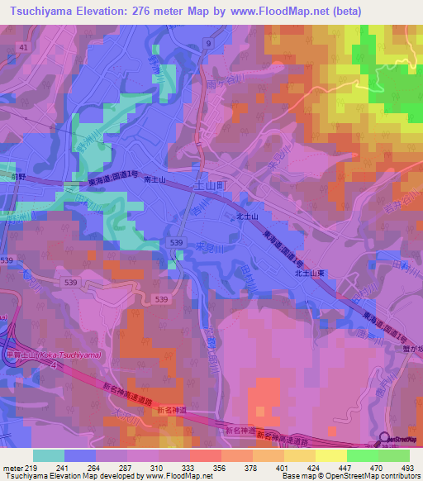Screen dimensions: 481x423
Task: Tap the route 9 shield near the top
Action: tap(208, 42)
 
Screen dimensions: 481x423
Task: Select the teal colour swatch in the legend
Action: tap(49, 455)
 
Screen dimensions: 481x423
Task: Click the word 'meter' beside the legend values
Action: tap(12, 467)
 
